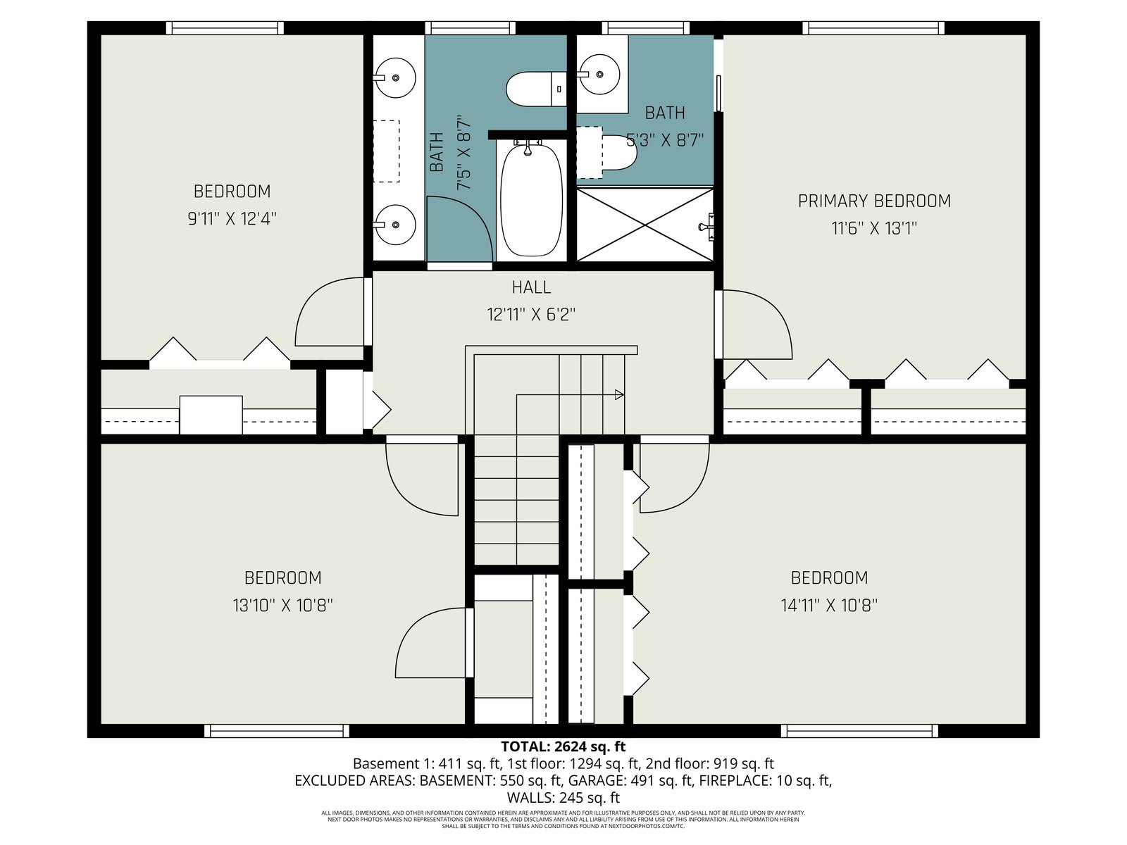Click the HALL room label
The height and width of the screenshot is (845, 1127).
coord(531,287)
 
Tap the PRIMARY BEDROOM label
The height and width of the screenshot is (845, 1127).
coord(874,201)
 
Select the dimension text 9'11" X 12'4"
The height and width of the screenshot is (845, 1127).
coord(232,219)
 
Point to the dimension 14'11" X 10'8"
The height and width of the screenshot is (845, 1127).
coord(828,606)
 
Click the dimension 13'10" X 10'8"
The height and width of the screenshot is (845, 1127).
coord(283,606)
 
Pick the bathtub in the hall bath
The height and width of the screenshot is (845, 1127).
coord(531,200)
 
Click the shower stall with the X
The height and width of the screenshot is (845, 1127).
coord(645,224)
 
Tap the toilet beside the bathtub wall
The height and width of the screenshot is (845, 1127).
coord(536,89)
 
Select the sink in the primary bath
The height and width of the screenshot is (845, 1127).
coord(599,75)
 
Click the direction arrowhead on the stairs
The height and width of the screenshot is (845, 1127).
coord(620,394)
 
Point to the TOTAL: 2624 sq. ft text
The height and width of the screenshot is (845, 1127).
coord(563,746)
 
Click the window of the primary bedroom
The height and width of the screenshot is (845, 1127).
coord(873,27)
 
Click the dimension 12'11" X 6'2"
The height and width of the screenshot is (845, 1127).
coord(531,314)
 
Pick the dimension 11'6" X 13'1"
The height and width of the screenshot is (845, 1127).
coord(874,227)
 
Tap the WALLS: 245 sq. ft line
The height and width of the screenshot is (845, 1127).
coord(563,798)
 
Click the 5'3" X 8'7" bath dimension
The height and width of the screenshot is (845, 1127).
coord(664,139)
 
